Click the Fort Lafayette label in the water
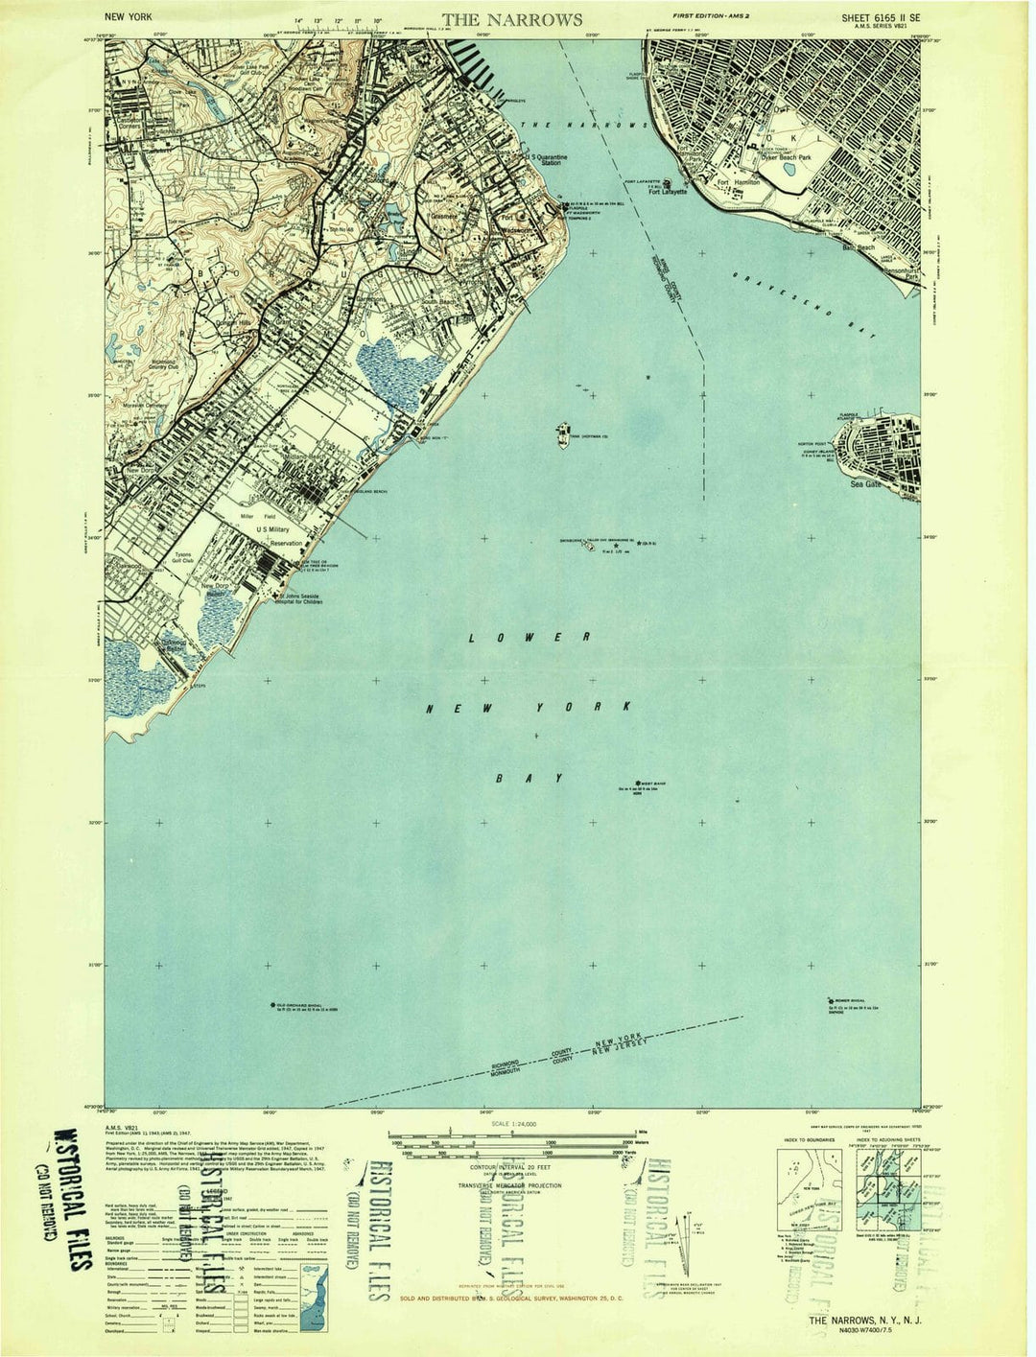(x=668, y=190)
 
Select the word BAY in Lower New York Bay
(x=527, y=778)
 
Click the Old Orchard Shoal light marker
(x=272, y=1005)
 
